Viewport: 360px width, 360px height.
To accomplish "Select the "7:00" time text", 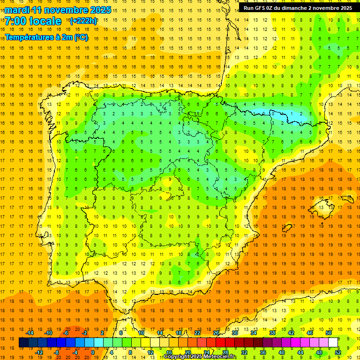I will coord(15,21).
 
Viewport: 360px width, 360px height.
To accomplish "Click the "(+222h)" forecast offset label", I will coord(83,21).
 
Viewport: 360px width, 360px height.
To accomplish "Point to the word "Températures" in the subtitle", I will coord(29,37).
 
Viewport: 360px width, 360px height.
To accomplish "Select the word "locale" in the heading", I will coord(45,21).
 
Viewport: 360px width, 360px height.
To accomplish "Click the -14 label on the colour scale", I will coord(30,333).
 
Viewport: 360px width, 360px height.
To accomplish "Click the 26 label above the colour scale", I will coord(216,333).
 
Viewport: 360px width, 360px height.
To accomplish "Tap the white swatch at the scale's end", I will coord(333,343).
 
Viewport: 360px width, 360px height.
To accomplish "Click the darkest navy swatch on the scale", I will coord(23,343).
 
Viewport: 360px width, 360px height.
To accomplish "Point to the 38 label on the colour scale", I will coord(272,333).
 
